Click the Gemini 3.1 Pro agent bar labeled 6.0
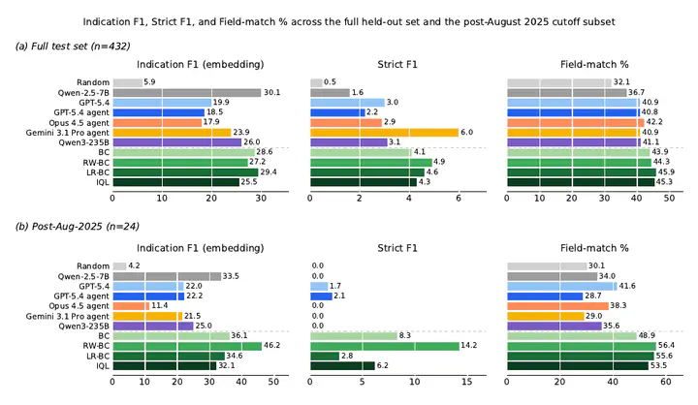(x=384, y=133)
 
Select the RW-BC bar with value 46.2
(x=187, y=346)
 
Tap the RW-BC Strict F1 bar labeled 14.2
(x=385, y=346)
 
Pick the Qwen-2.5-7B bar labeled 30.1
(x=186, y=93)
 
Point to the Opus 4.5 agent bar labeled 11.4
(x=131, y=306)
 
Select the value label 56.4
(x=666, y=345)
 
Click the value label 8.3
(x=404, y=335)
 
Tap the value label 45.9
(x=666, y=171)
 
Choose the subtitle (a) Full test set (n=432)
(x=73, y=47)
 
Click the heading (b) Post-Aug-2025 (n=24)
(x=77, y=227)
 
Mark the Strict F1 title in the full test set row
(x=397, y=65)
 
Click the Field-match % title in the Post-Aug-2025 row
(x=594, y=248)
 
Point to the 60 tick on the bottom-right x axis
(x=665, y=382)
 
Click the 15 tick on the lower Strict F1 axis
(x=466, y=382)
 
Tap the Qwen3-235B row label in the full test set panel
(x=83, y=142)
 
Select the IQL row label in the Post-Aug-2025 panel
(x=103, y=366)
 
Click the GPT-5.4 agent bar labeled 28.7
(x=545, y=296)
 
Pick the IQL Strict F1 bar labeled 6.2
(x=342, y=366)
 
